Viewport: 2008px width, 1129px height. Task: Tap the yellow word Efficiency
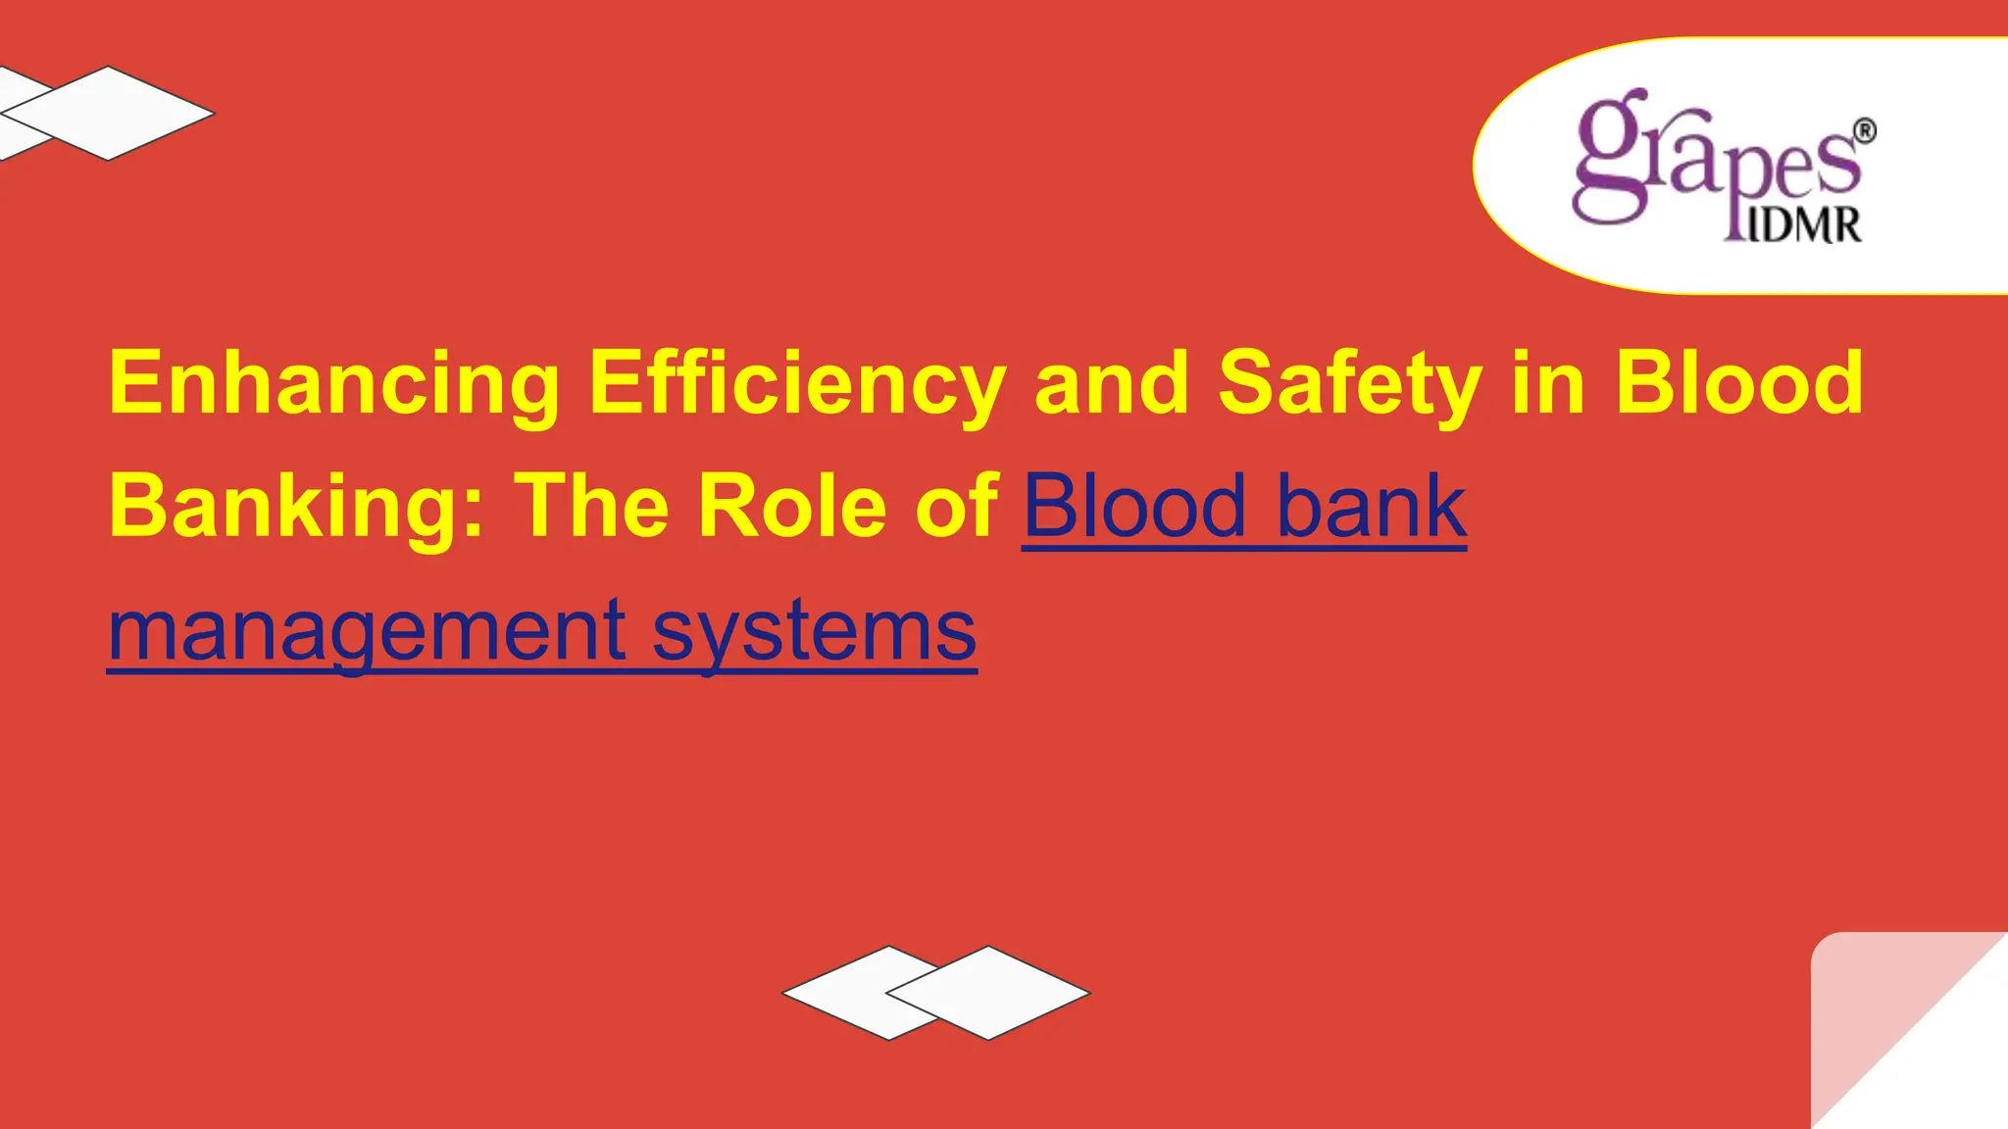796,384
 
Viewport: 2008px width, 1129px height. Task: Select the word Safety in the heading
1349,384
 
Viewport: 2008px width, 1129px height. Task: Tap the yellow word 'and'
1111,384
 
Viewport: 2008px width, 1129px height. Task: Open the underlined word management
366,631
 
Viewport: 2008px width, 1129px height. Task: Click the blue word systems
814,631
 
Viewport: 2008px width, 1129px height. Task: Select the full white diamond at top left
108,113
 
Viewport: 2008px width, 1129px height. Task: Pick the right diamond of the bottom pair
990,993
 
